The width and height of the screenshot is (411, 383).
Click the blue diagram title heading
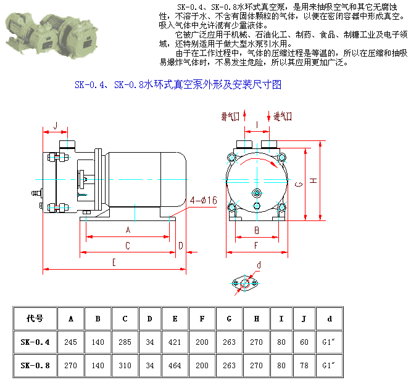178,84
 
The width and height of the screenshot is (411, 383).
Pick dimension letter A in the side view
128,230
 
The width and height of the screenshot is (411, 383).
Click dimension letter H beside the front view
313,180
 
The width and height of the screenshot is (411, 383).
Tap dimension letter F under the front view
256,246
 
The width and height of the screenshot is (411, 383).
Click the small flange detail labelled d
248,283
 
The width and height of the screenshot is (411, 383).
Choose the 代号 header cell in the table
35,318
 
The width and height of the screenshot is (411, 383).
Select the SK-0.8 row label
35,365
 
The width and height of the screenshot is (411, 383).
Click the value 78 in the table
304,365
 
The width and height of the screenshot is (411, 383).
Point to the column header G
230,318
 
